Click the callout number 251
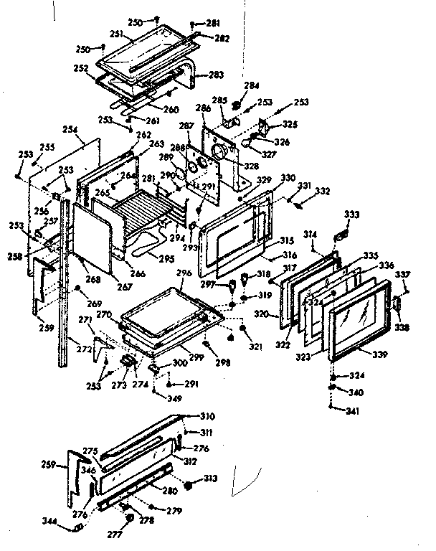pyautogui.click(x=117, y=34)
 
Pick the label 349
pyautogui.click(x=174, y=397)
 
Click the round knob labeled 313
pyautogui.click(x=190, y=484)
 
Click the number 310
pyautogui.click(x=207, y=416)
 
